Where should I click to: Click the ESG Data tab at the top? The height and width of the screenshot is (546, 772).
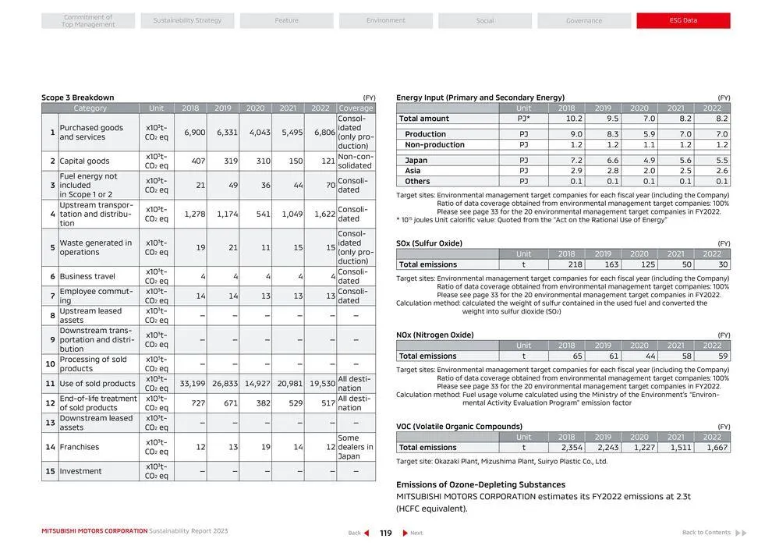coord(684,20)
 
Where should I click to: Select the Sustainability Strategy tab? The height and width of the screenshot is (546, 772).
coord(187,20)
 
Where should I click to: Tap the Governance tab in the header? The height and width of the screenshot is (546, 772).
coord(584,20)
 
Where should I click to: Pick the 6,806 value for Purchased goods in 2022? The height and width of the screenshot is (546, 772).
coord(324,133)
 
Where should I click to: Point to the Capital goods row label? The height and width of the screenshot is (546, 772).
coord(85,161)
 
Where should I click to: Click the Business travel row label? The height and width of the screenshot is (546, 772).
coord(87,277)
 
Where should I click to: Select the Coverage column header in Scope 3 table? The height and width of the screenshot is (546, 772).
coord(356,108)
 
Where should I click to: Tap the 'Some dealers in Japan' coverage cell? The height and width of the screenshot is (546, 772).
coord(356,447)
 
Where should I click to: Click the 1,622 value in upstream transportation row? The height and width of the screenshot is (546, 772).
coord(324,214)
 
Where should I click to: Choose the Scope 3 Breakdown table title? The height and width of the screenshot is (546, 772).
coord(77,97)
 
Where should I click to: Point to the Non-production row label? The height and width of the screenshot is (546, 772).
coord(434,145)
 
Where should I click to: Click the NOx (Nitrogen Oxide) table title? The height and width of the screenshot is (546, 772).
coord(434,335)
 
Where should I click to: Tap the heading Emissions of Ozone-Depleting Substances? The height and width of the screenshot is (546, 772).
coord(469,484)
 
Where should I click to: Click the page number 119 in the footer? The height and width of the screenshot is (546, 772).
coord(386,533)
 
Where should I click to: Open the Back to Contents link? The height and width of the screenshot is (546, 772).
coord(706,533)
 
